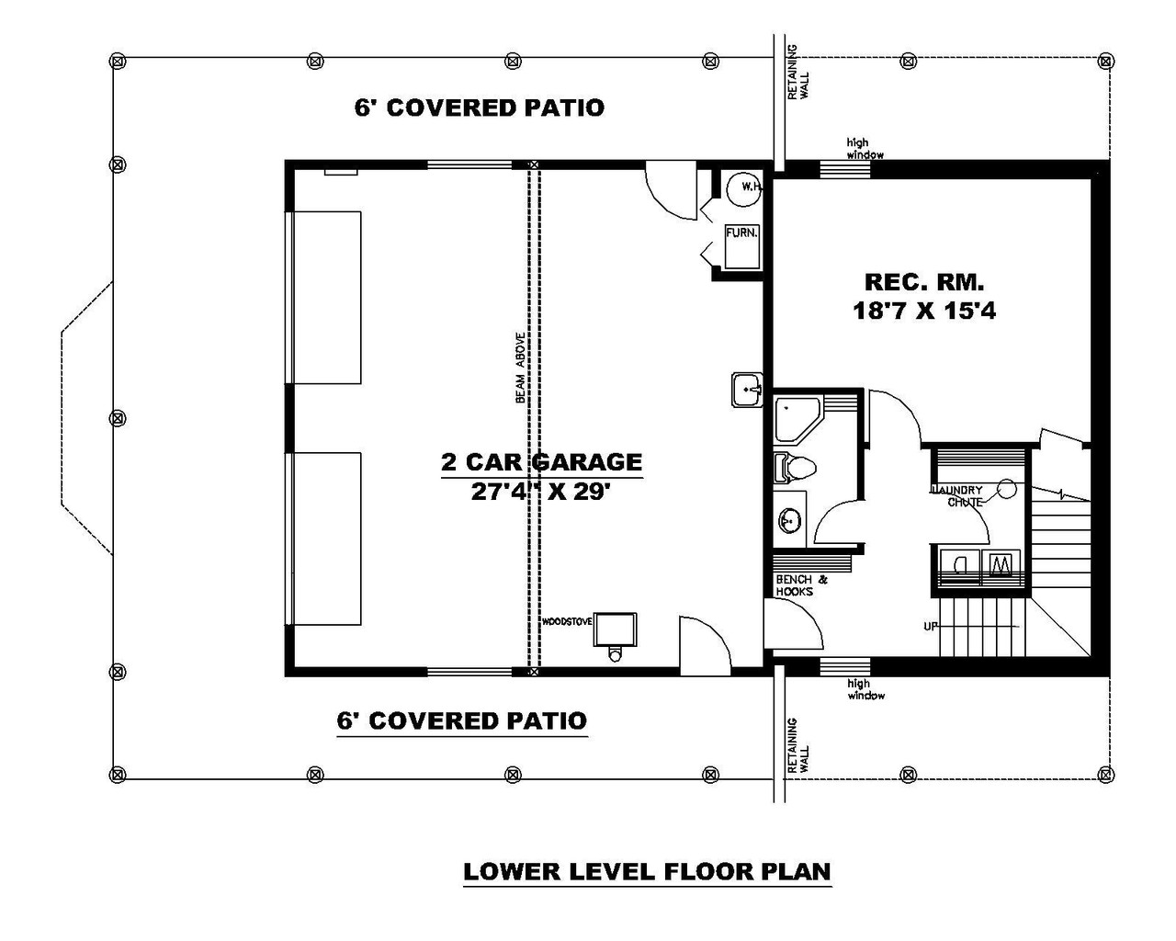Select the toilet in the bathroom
[x=794, y=468]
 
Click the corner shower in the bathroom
[x=796, y=417]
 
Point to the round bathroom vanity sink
[x=788, y=523]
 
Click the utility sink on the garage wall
[x=748, y=390]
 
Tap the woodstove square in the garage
[x=615, y=630]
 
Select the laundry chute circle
[x=1007, y=489]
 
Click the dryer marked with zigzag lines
[x=1003, y=561]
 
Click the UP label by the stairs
[x=931, y=627]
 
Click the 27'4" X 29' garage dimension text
[x=541, y=492]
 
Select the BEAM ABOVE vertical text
[x=520, y=368]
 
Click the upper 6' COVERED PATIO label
[x=479, y=108]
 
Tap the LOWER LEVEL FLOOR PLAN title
[x=647, y=870]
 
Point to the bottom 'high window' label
[x=865, y=689]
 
